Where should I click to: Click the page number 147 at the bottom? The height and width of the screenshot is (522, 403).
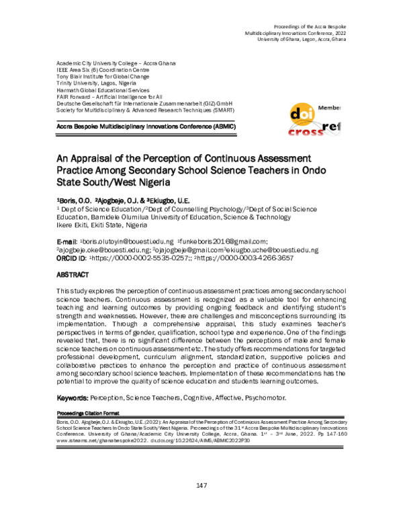pyautogui.click(x=201, y=486)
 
